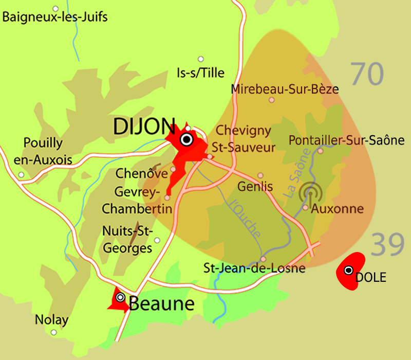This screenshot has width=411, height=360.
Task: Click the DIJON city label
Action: [x=143, y=125]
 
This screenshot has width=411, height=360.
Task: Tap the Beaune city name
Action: [x=161, y=303]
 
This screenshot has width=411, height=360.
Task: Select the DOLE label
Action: [x=370, y=278]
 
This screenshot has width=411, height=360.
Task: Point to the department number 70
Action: [x=368, y=74]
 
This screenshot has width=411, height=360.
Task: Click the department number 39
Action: [x=387, y=244]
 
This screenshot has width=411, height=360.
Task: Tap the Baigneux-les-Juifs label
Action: [x=55, y=17]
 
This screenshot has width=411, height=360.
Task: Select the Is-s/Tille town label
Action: [x=200, y=73]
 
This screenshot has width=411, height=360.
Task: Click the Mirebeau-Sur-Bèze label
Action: [x=285, y=89]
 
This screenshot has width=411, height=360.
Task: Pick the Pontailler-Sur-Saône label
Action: [x=346, y=140]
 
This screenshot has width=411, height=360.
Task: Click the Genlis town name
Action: [x=255, y=186]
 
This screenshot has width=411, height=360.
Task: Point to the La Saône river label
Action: [x=296, y=173]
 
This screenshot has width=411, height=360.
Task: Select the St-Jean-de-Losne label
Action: [x=254, y=268]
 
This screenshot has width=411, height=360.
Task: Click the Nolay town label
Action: [x=51, y=320]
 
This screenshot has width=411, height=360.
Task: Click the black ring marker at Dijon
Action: [x=186, y=139]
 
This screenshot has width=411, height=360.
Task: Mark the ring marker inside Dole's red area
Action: [x=348, y=270]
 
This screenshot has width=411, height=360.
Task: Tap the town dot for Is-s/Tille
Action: [x=200, y=59]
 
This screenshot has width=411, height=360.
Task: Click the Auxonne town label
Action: [x=338, y=209]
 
